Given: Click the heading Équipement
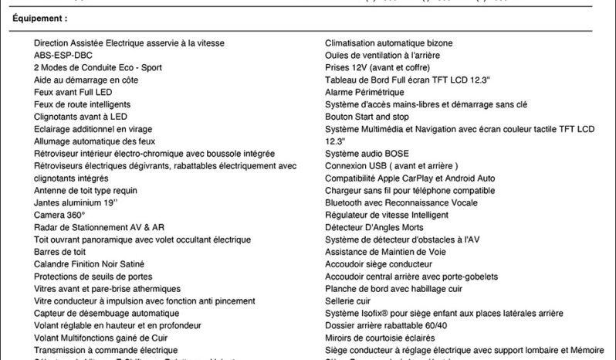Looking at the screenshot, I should pos(40,17).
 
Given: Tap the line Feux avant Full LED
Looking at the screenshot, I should pos(74,92).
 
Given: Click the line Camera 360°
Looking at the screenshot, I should pos(59,215).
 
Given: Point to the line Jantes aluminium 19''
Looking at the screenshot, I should pos(76,202).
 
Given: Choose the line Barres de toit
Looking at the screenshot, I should pos(59,252).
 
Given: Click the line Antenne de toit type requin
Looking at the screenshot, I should pos(86,190).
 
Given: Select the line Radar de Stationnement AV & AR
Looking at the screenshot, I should pos(99,227).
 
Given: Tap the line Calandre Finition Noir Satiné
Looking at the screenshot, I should pos(89,264).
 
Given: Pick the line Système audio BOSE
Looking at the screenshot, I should pos(367,154).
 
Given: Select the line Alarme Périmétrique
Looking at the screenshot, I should pos(364,92).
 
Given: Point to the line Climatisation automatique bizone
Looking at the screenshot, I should pos(399,43).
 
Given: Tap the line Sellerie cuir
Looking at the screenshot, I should pos(347,301).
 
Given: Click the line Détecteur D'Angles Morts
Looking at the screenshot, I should pos(374,227).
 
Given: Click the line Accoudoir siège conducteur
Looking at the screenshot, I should pos(379,264).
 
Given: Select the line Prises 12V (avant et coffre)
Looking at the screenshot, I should pos(378,67).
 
